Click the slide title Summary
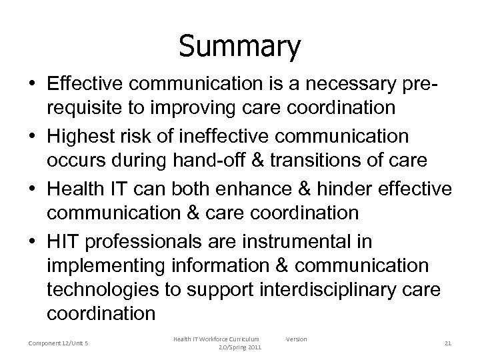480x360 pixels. pos(240,47)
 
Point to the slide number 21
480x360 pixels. pos(448,343)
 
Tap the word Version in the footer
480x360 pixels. pos(297,339)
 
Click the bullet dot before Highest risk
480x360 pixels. pos(32,135)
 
